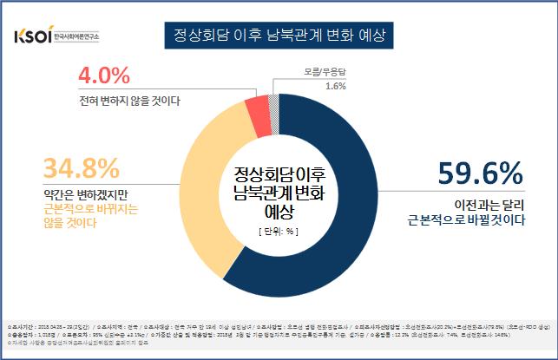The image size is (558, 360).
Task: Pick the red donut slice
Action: pyautogui.click(x=258, y=108)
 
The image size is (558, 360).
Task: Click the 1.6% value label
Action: pyautogui.click(x=334, y=87)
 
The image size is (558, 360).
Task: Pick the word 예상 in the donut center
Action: pyautogui.click(x=279, y=210)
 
